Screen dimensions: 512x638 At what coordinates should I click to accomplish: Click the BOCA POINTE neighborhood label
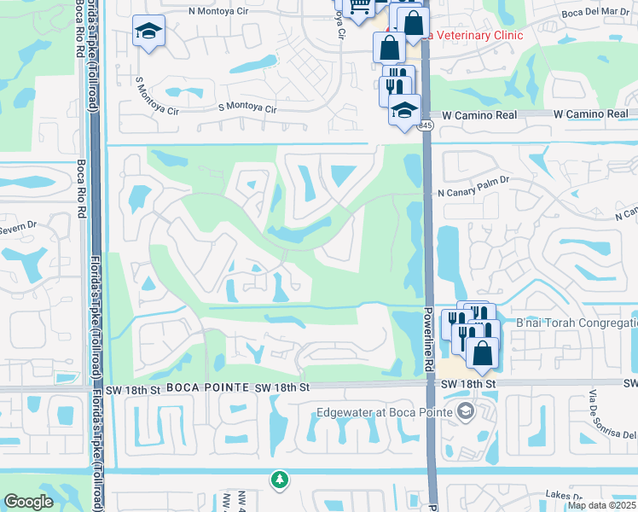(200, 387)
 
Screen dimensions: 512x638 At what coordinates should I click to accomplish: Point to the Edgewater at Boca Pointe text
(384, 413)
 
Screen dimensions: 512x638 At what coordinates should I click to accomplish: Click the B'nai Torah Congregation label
(577, 323)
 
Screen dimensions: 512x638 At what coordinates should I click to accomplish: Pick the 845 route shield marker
(426, 125)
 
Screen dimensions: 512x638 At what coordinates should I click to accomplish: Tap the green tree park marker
(279, 480)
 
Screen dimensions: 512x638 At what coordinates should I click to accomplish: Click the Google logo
(28, 502)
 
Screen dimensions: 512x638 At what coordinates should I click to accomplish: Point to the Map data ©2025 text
(600, 505)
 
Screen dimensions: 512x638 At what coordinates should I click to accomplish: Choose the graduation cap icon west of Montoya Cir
(148, 32)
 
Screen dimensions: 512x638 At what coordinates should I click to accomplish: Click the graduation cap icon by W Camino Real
(404, 108)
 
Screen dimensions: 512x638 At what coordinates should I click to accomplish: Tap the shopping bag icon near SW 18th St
(482, 352)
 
